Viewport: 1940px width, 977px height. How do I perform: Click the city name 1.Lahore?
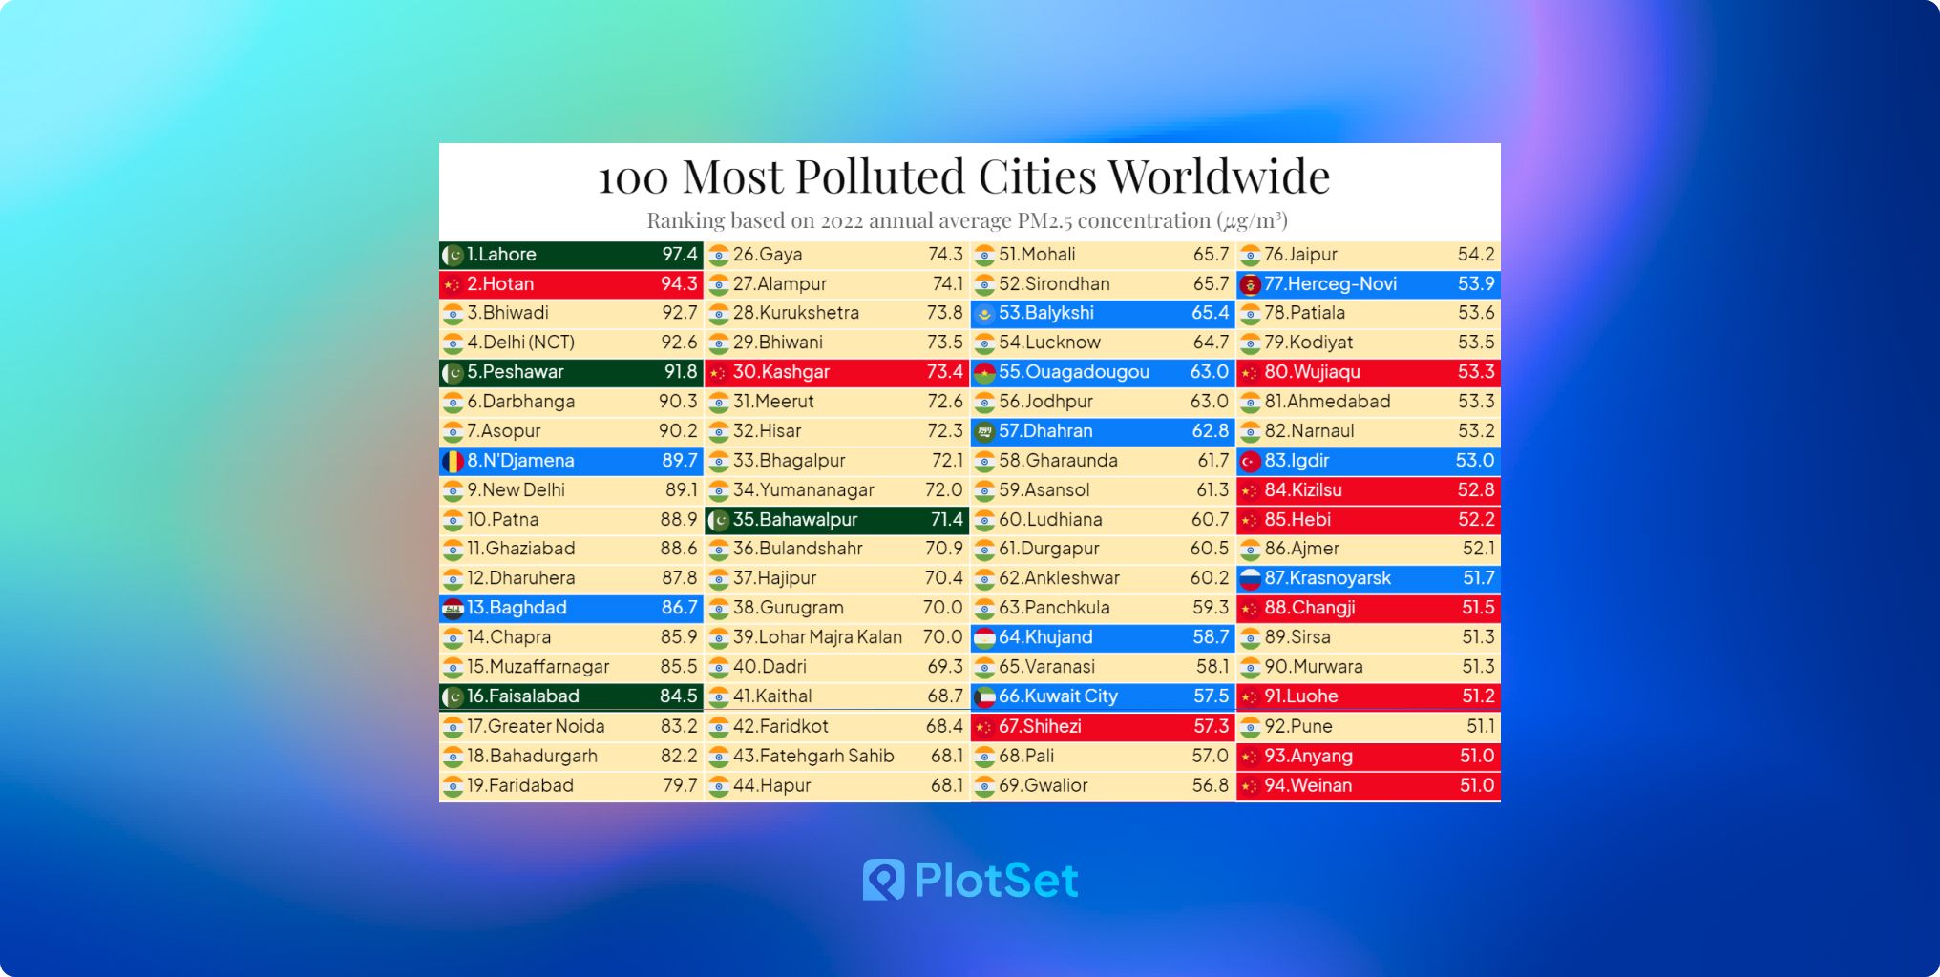501,255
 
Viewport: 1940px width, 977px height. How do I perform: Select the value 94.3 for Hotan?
679,284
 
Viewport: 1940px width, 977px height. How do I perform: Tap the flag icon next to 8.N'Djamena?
453,461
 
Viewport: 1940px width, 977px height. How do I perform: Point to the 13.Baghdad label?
517,608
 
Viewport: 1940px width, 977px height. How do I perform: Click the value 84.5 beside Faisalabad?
678,696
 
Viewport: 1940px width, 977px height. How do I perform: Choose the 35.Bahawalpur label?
795,520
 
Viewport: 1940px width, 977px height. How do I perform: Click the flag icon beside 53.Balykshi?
984,314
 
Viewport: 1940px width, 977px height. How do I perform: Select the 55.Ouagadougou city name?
1073,372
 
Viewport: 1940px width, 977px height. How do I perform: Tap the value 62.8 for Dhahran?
1210,431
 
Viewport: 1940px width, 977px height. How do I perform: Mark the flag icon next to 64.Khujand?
984,637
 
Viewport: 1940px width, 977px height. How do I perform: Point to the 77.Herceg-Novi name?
1330,284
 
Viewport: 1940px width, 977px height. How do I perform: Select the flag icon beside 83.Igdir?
1250,462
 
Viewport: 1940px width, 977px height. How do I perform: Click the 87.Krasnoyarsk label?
1327,578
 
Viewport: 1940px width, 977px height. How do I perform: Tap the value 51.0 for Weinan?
1476,785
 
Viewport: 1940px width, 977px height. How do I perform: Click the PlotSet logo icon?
883,880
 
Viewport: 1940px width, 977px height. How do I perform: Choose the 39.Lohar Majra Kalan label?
817,637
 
